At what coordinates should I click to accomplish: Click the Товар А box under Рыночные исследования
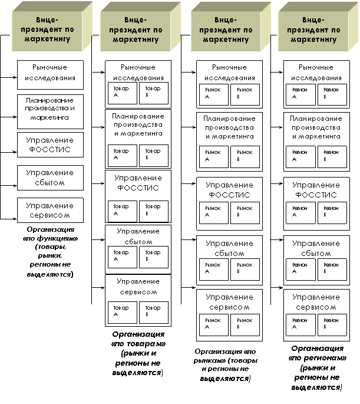point(122,93)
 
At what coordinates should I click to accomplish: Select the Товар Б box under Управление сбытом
point(154,257)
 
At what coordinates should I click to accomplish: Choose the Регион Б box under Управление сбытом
point(332,270)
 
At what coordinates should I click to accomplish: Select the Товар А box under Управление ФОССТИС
point(122,211)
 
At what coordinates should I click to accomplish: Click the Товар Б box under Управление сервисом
point(154,312)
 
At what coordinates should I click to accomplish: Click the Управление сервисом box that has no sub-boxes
point(50,211)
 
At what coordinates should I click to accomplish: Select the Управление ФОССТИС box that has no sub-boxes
point(50,144)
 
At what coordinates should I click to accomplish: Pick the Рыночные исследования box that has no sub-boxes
point(50,73)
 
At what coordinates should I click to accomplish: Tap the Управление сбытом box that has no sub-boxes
point(50,178)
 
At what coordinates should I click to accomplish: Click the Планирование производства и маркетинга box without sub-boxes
point(50,109)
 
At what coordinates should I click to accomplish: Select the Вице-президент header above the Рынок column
point(226,30)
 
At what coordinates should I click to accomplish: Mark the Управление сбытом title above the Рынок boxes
point(229,248)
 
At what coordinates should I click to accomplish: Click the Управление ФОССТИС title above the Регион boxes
point(316,190)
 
